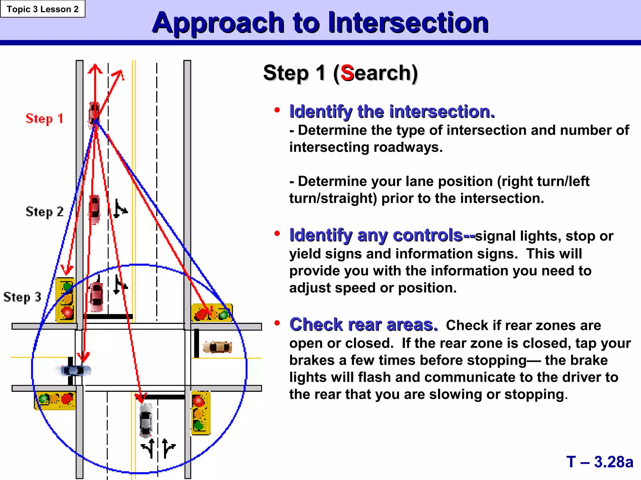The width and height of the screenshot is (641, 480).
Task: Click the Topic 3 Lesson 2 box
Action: point(43,9)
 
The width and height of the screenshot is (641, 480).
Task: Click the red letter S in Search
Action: point(347,73)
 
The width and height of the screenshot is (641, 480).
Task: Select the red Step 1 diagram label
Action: point(44,119)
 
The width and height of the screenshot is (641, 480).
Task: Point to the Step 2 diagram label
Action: point(44,212)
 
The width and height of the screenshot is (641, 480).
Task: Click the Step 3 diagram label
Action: point(22,297)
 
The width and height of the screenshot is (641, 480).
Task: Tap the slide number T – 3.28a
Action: point(599,462)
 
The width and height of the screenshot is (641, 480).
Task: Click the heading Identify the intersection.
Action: point(392,112)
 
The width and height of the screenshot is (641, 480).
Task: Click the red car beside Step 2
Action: point(95,209)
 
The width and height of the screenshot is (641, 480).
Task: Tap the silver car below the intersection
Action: point(146,420)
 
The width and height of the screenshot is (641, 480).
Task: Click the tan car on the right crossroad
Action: point(218,347)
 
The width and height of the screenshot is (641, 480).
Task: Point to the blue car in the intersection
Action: point(75,371)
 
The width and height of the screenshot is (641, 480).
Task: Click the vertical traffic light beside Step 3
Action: point(65,300)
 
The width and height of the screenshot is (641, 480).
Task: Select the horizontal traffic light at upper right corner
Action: point(212,313)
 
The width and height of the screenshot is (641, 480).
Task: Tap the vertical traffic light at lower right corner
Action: point(200,413)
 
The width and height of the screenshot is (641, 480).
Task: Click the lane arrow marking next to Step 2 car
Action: point(120,208)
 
